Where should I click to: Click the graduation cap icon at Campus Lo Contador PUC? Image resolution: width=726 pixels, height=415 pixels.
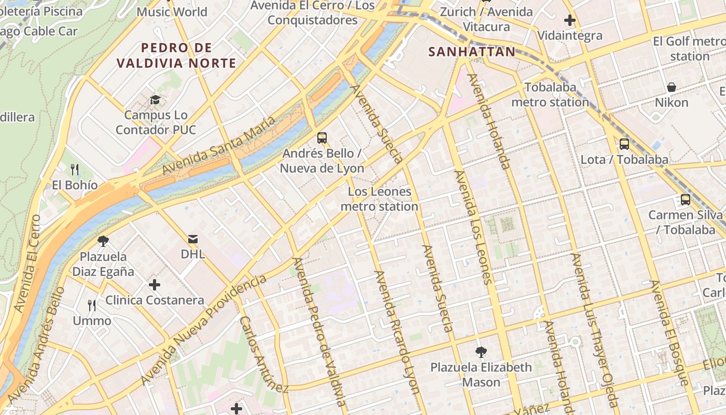point(155,100)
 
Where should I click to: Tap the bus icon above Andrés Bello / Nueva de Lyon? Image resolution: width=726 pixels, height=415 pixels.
point(322,138)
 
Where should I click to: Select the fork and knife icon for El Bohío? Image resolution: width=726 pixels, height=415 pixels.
point(75,169)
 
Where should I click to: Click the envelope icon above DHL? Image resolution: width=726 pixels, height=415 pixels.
point(193,239)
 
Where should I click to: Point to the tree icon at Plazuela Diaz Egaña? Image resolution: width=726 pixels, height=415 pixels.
point(103,241)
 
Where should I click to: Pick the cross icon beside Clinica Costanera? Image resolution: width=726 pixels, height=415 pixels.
point(154,285)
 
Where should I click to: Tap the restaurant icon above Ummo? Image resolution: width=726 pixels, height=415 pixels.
point(92,305)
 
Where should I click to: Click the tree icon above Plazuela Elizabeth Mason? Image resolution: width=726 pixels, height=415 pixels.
point(481,352)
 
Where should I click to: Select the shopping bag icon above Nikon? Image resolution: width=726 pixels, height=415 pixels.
point(672,87)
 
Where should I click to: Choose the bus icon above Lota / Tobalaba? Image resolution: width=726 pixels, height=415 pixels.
point(624,144)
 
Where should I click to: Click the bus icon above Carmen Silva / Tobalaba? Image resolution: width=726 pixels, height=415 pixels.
point(686,199)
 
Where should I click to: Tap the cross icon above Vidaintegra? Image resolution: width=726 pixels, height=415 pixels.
point(570,21)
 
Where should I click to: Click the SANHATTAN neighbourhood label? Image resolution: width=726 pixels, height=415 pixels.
point(472,52)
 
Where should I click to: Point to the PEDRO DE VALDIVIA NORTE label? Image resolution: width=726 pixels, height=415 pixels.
point(176,56)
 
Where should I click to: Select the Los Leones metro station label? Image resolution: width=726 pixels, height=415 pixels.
point(379,199)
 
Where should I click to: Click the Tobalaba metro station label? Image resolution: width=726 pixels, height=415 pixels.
point(550,94)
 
